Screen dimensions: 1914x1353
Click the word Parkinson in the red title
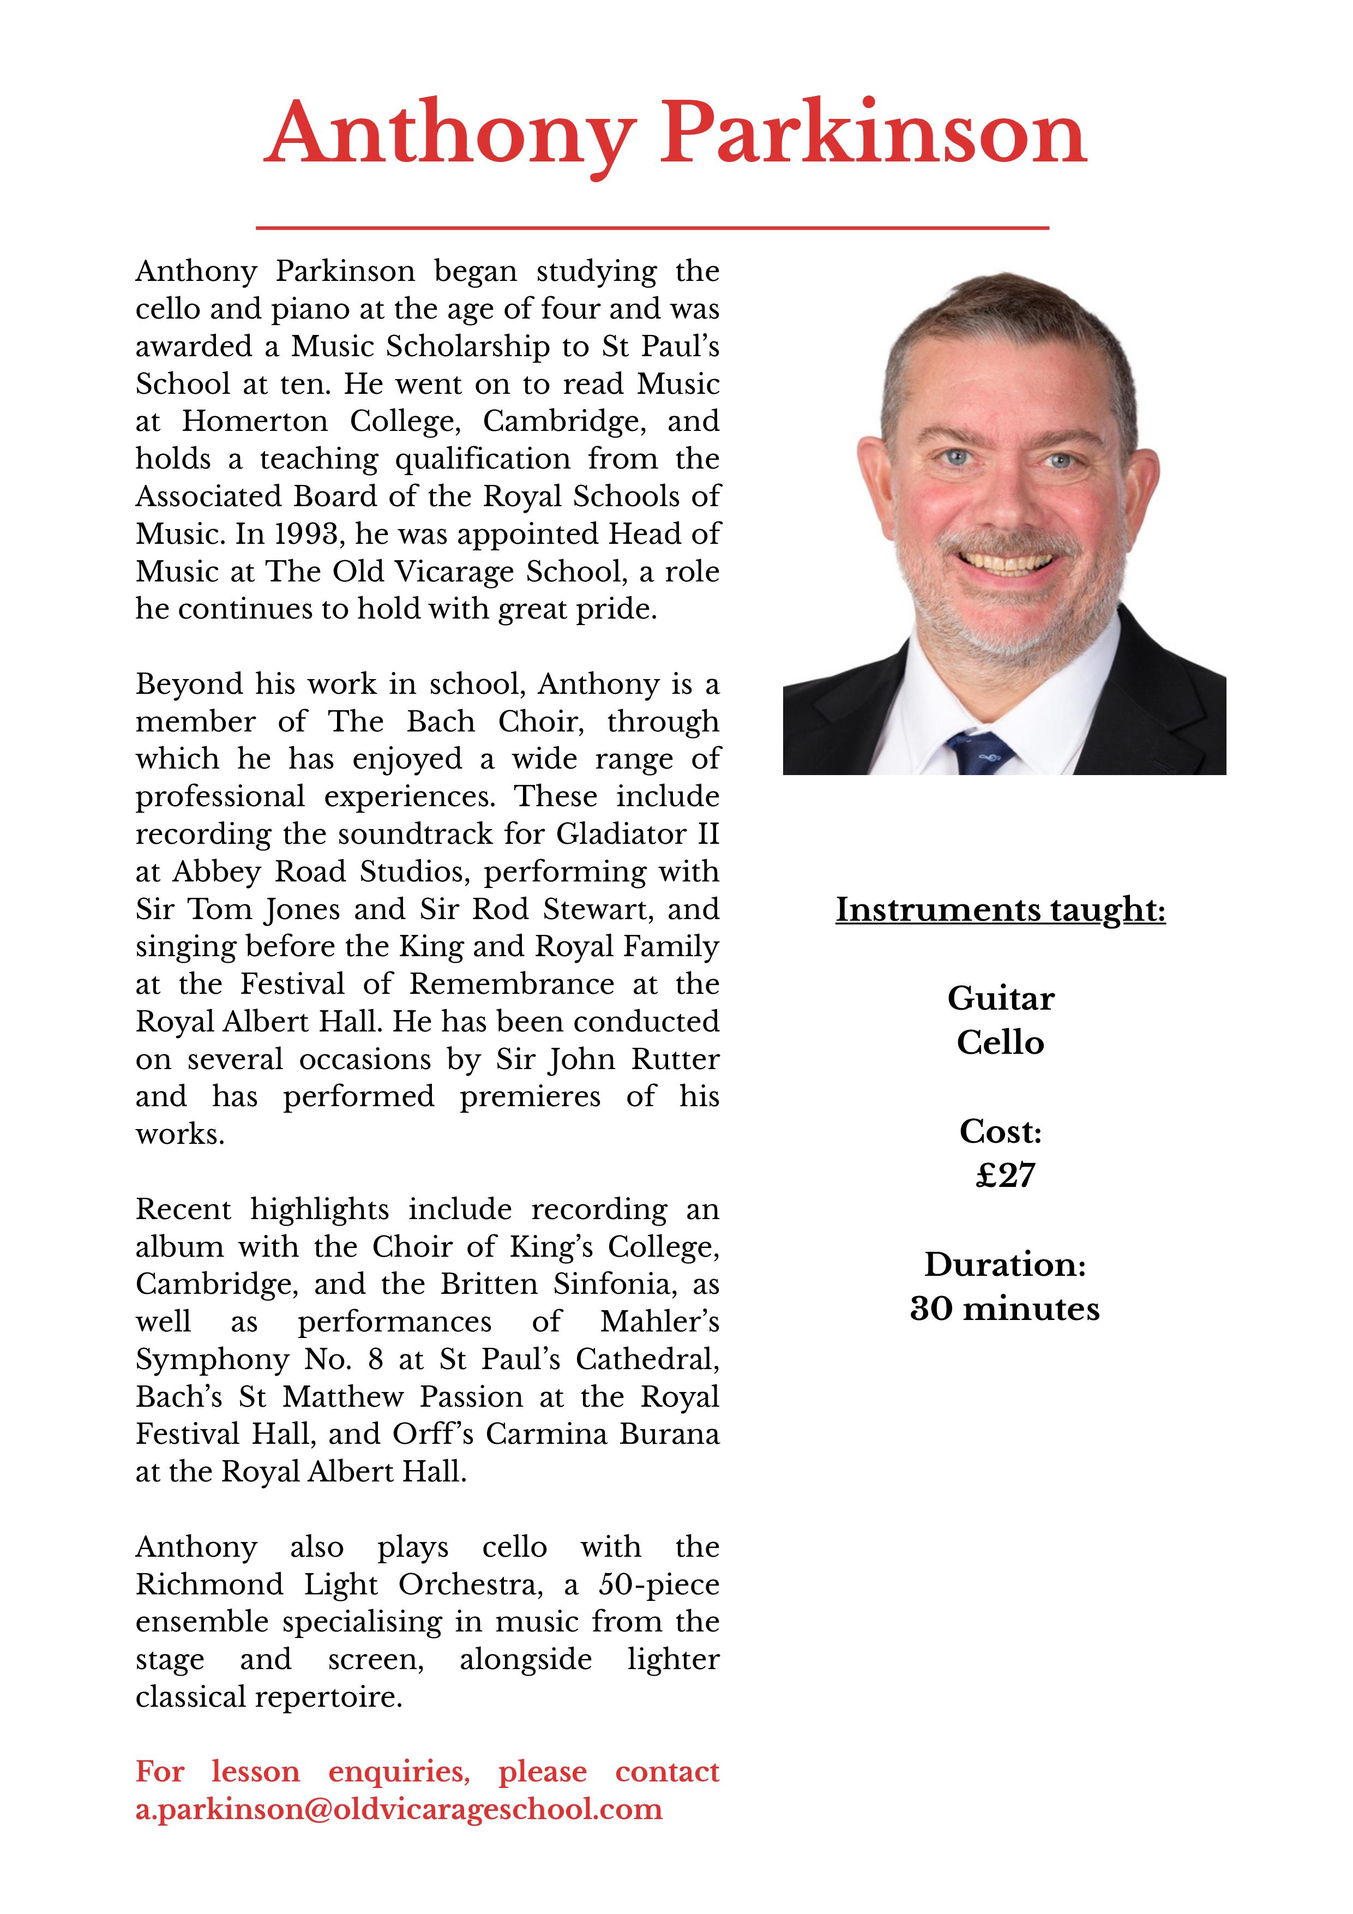click(874, 134)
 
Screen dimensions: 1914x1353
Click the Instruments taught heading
click(1000, 909)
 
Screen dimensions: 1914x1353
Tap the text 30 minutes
click(1005, 1309)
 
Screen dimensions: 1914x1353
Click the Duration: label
click(1005, 1264)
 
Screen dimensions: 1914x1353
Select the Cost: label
click(1000, 1131)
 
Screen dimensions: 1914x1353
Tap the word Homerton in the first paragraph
click(255, 421)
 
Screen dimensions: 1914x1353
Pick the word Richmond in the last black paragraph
click(209, 1584)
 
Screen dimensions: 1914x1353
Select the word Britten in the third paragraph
click(489, 1284)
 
